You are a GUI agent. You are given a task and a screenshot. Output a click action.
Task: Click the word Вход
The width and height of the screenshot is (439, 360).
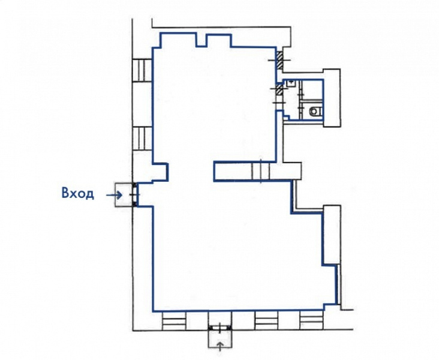[x=77, y=194]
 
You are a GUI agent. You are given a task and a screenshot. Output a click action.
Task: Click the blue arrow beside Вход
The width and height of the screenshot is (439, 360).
[x=114, y=195]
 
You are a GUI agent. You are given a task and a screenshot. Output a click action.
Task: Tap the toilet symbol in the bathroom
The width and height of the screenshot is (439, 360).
[x=315, y=112]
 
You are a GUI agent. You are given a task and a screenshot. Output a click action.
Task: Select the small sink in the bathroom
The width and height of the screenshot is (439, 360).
[x=291, y=83]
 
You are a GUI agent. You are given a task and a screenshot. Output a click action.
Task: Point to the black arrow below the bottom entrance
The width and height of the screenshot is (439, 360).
[x=220, y=346]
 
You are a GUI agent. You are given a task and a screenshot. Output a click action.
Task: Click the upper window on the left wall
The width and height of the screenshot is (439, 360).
[x=142, y=70]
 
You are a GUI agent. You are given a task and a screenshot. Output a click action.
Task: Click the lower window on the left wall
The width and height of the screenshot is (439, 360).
[x=142, y=139]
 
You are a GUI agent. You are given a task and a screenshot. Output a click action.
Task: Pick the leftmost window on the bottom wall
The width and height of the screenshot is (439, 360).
[x=174, y=321]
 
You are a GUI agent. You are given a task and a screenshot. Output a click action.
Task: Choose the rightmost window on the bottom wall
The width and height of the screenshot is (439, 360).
[x=311, y=320]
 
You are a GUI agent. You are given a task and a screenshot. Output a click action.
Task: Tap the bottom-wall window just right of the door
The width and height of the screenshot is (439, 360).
[x=266, y=321]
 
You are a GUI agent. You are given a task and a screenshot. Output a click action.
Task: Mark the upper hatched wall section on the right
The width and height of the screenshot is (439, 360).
[x=279, y=61]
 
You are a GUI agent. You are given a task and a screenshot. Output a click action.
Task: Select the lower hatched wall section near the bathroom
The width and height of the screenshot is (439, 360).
[x=279, y=90]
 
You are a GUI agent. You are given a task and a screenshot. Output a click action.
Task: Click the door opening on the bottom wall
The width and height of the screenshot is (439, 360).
[x=220, y=327]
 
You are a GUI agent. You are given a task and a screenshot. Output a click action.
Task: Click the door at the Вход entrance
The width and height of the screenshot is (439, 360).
[x=135, y=195]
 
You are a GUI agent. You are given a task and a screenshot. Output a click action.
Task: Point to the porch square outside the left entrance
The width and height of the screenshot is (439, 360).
[x=124, y=195]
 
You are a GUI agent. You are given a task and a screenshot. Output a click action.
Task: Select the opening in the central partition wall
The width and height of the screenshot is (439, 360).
[x=261, y=171]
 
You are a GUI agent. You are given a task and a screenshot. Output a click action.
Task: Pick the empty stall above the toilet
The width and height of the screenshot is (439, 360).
[x=311, y=90]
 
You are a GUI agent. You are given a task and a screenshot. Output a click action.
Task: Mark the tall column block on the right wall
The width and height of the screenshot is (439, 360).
[x=332, y=234]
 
